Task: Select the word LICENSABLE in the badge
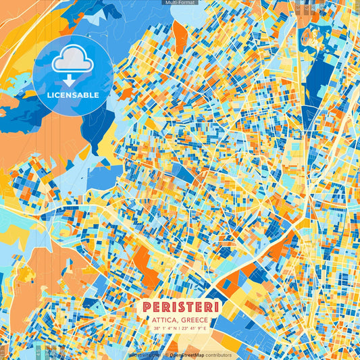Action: tap(72, 95)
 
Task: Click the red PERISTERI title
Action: tap(180, 307)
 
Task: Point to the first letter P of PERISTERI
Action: tap(147, 307)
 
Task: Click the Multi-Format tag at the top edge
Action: tap(180, 3)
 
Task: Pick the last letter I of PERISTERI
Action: tap(215, 307)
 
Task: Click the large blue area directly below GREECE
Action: tap(203, 341)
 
